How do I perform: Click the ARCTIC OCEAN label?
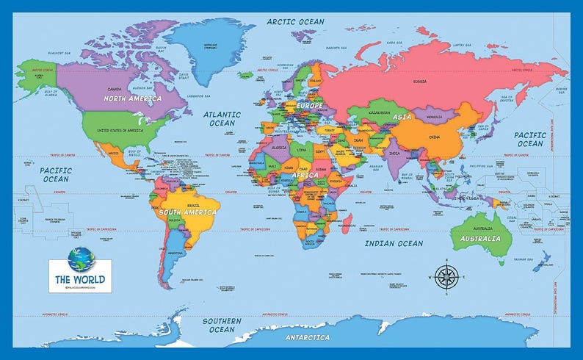point(295,21)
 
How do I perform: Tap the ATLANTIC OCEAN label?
point(221,119)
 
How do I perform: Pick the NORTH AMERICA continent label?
point(134,98)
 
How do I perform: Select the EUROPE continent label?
point(309,106)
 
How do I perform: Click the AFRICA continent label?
point(304,176)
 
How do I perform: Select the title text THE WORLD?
point(80,279)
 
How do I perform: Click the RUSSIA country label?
point(420,82)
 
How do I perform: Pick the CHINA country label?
point(434,137)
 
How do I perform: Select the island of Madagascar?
point(347,219)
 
